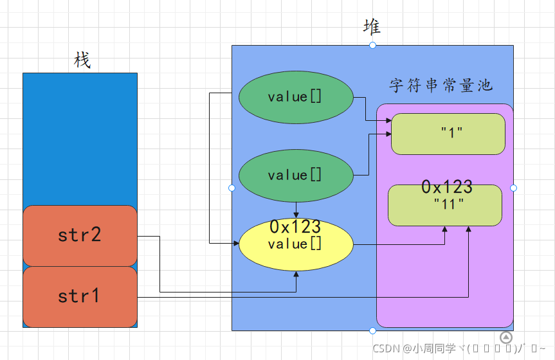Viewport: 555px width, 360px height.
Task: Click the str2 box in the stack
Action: pos(80,235)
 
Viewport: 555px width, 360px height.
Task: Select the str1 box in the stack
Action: pos(80,296)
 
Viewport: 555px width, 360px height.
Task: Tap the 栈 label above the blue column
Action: pos(82,60)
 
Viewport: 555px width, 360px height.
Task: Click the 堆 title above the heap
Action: pos(372,27)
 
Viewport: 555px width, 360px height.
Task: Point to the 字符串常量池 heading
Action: pos(441,85)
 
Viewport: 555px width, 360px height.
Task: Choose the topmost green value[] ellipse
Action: pos(296,97)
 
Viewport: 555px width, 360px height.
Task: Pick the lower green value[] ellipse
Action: pos(296,175)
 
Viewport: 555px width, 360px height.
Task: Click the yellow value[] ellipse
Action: pos(296,245)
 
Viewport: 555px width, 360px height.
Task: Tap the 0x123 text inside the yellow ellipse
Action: pos(295,227)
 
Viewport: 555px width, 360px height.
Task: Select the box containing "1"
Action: pos(448,134)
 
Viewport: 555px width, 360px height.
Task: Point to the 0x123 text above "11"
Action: pos(447,187)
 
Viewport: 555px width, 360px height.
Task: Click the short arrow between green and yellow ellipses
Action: pos(296,210)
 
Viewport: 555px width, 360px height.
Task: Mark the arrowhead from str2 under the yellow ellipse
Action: pos(296,274)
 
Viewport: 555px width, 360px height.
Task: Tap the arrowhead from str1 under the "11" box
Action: pos(468,230)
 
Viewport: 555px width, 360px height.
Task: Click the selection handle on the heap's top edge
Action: pos(372,45)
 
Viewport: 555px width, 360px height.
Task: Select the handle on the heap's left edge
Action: pos(232,188)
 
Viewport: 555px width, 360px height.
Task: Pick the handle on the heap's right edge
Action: pos(513,188)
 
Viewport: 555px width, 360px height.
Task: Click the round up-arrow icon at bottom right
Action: pos(506,337)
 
